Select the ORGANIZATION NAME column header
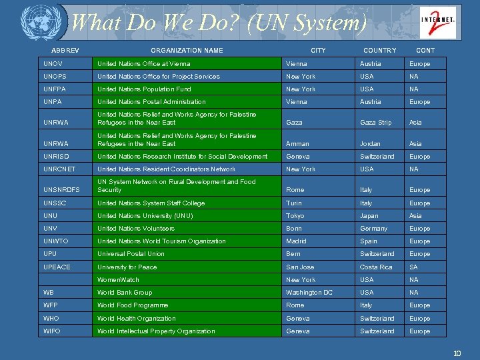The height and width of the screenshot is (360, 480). pyautogui.click(x=187, y=51)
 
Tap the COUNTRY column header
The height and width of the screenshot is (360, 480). pyautogui.click(x=379, y=51)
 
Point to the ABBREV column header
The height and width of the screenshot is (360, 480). pyautogui.click(x=65, y=51)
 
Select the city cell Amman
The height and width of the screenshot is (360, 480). pyautogui.click(x=297, y=144)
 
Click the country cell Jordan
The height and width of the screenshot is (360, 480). pyautogui.click(x=371, y=144)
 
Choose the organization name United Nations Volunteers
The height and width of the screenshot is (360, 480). pyautogui.click(x=136, y=229)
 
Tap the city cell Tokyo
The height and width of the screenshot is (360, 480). pyautogui.click(x=295, y=216)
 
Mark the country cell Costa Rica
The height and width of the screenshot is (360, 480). pyautogui.click(x=376, y=267)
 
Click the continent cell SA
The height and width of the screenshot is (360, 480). pyautogui.click(x=413, y=267)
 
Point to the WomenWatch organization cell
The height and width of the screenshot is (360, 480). pyautogui.click(x=119, y=280)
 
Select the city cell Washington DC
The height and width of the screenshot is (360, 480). pyautogui.click(x=309, y=293)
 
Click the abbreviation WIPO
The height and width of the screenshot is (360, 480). pyautogui.click(x=52, y=331)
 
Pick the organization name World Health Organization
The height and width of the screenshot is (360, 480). pyautogui.click(x=137, y=319)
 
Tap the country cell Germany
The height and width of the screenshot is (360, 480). pyautogui.click(x=373, y=229)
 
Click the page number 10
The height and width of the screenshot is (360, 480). pyautogui.click(x=457, y=353)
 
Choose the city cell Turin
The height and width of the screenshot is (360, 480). pyautogui.click(x=294, y=203)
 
